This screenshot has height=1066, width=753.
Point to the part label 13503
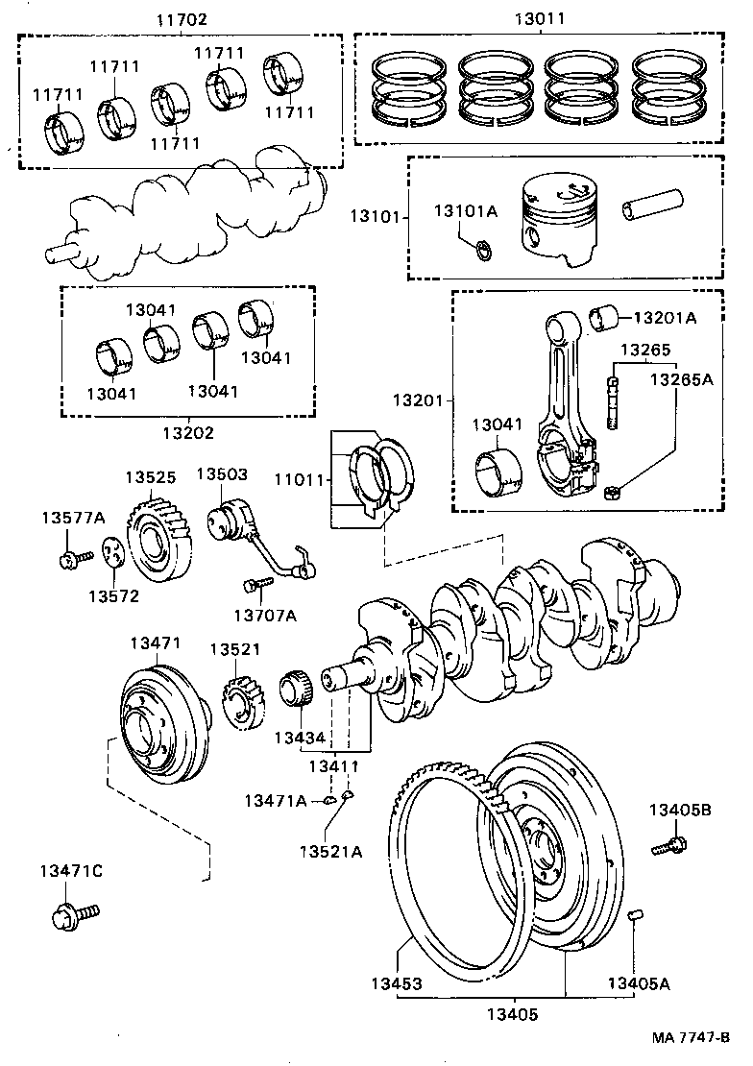click(222, 473)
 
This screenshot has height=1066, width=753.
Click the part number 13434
click(301, 738)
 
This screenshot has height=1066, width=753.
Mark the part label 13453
click(397, 984)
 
